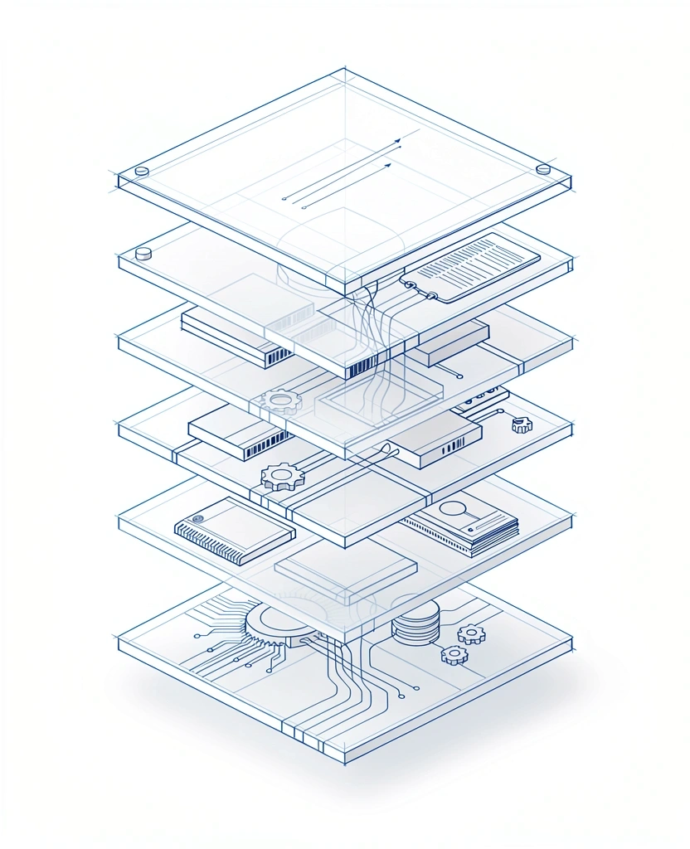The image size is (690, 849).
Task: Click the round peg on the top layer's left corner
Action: [x=141, y=172]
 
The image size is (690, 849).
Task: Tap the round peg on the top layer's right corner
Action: [x=543, y=169]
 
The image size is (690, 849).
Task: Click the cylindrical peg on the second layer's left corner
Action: [x=143, y=253]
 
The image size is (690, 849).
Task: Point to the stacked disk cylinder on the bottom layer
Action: [x=415, y=623]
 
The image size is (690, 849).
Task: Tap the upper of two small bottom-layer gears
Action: [x=471, y=634]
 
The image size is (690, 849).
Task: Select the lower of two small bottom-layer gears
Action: [x=454, y=655]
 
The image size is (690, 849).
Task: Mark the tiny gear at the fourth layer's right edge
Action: [x=522, y=424]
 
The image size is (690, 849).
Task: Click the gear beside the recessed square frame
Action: [x=281, y=402]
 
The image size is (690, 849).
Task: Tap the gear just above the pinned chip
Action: [x=283, y=477]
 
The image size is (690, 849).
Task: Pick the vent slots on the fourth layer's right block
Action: [x=453, y=446]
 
